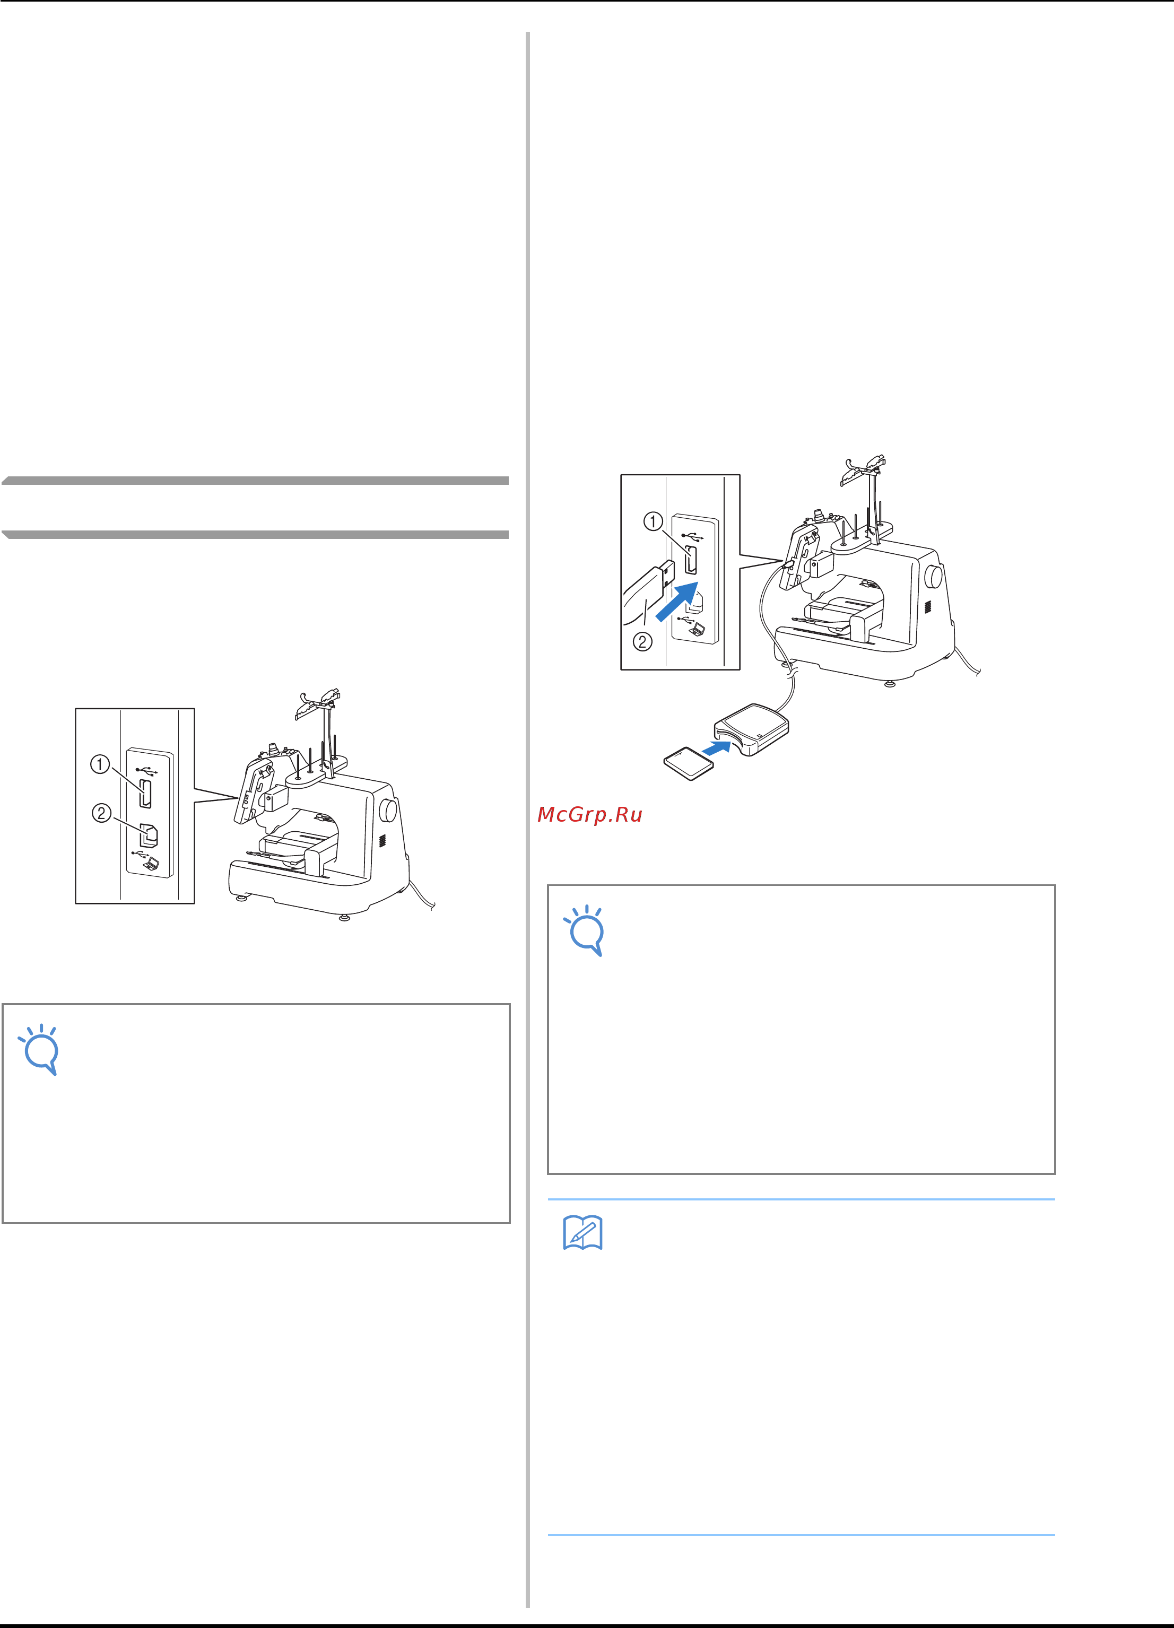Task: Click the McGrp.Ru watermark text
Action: (x=589, y=815)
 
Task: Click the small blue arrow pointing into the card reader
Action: (x=716, y=748)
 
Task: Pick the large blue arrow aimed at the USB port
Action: (x=677, y=601)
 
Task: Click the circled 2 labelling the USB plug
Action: (x=642, y=641)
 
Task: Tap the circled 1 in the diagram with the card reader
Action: (x=653, y=521)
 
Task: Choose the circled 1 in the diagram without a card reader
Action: (x=99, y=764)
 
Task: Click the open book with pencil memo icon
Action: (x=582, y=1233)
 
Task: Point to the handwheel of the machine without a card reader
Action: (x=388, y=809)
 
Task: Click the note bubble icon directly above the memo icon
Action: (x=585, y=930)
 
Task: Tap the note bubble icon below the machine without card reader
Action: (x=39, y=1049)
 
